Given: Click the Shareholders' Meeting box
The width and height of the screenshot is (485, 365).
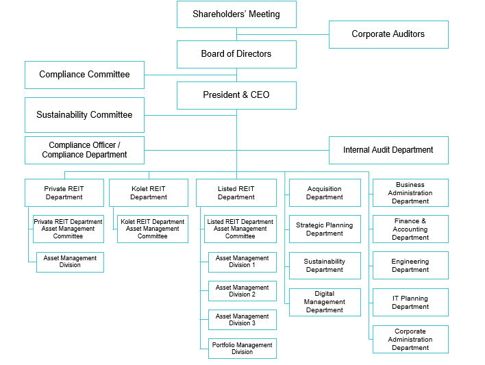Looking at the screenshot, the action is (236, 14).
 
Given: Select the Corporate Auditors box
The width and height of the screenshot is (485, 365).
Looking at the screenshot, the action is (388, 34).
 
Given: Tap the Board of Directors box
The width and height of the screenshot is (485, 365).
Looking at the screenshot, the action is (236, 54).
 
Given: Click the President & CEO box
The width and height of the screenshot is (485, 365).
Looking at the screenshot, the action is (236, 95).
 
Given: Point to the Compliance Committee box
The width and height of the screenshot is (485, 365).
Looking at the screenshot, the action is (84, 75).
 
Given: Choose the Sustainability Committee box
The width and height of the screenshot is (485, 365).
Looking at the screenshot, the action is (84, 115).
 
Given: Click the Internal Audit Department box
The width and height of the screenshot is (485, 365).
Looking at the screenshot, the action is (388, 150).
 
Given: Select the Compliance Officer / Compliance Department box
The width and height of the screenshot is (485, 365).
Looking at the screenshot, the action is (84, 150).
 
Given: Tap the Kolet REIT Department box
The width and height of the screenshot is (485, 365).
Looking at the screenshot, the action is (149, 192).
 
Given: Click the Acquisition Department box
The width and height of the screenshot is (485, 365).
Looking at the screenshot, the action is (325, 192).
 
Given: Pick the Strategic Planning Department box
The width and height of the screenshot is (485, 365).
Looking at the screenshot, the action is (325, 229).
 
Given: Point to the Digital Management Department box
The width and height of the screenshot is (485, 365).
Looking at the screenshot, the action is (325, 302).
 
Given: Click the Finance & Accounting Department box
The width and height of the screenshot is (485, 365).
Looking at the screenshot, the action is (410, 229).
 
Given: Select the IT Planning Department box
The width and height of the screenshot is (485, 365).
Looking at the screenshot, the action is (410, 302).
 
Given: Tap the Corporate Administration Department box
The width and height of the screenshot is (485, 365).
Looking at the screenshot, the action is (410, 339).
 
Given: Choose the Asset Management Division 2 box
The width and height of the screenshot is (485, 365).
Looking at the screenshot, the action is (242, 291).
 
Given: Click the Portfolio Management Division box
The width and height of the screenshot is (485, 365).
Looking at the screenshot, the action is (242, 349).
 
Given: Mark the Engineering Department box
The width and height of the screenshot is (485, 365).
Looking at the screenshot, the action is (410, 266).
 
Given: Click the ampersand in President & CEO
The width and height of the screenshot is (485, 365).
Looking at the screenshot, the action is (245, 95).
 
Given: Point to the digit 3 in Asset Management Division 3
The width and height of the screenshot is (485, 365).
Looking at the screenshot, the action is (253, 323).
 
